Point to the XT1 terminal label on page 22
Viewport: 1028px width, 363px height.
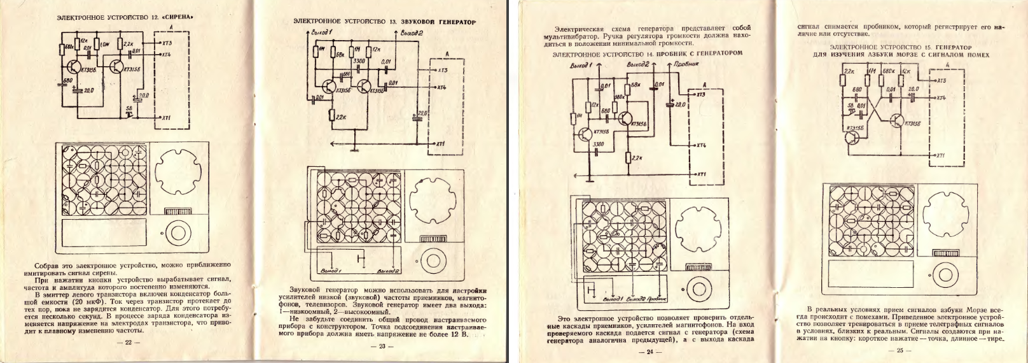pos(167,118)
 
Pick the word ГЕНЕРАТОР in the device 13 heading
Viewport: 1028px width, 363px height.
pos(453,22)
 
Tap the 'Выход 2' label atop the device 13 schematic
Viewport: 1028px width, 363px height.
pos(411,32)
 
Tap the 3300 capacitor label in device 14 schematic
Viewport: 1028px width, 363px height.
pos(598,145)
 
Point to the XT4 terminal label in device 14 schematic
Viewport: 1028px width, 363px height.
pos(701,145)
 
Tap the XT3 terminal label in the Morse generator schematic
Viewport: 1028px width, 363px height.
pos(941,80)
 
